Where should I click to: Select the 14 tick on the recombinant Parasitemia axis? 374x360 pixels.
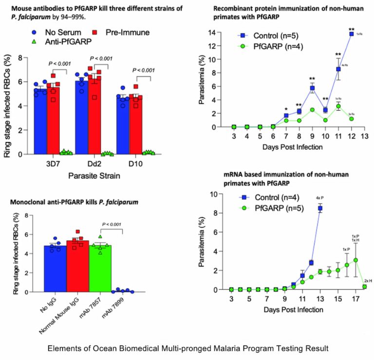click(225, 33)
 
